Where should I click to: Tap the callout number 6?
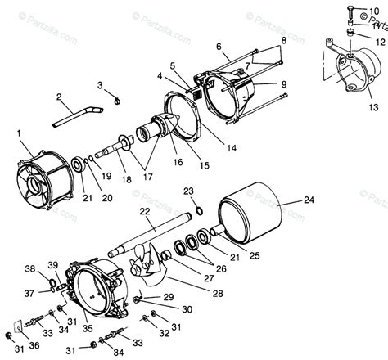pyautogui.click(x=219, y=47)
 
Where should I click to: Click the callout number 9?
pyautogui.click(x=283, y=83)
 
